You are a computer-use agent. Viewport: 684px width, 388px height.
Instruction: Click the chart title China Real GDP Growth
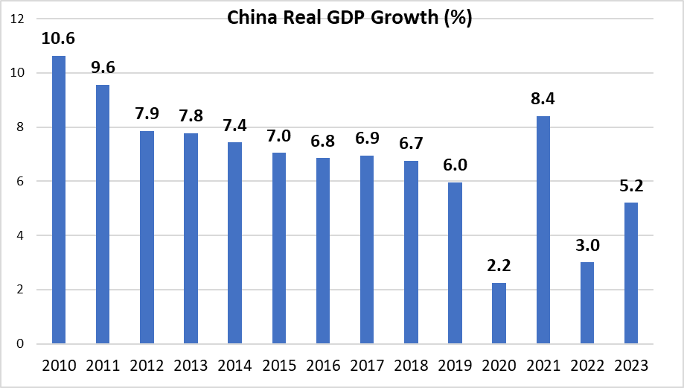pyautogui.click(x=349, y=19)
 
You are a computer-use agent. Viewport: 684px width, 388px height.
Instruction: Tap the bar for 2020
pyautogui.click(x=499, y=314)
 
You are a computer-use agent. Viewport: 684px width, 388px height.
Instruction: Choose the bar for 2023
pyautogui.click(x=630, y=273)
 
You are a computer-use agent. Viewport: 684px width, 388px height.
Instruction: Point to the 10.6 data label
pyautogui.click(x=59, y=38)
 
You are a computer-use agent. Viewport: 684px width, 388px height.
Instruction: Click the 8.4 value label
pyautogui.click(x=543, y=98)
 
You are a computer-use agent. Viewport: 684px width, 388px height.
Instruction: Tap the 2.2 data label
pyautogui.click(x=499, y=266)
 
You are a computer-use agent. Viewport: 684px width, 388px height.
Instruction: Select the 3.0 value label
pyautogui.click(x=586, y=244)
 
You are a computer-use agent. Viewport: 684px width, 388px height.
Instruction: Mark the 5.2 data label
pyautogui.click(x=630, y=185)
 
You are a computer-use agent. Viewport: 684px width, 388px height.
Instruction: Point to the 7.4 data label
pyautogui.click(x=234, y=125)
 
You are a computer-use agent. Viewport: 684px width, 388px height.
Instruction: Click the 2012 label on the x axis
pyautogui.click(x=147, y=366)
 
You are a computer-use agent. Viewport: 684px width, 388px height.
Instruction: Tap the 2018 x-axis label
pyautogui.click(x=411, y=366)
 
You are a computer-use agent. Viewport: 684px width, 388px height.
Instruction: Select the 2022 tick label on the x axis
pyautogui.click(x=586, y=366)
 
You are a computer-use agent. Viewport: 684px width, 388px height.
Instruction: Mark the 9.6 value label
pyautogui.click(x=103, y=67)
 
